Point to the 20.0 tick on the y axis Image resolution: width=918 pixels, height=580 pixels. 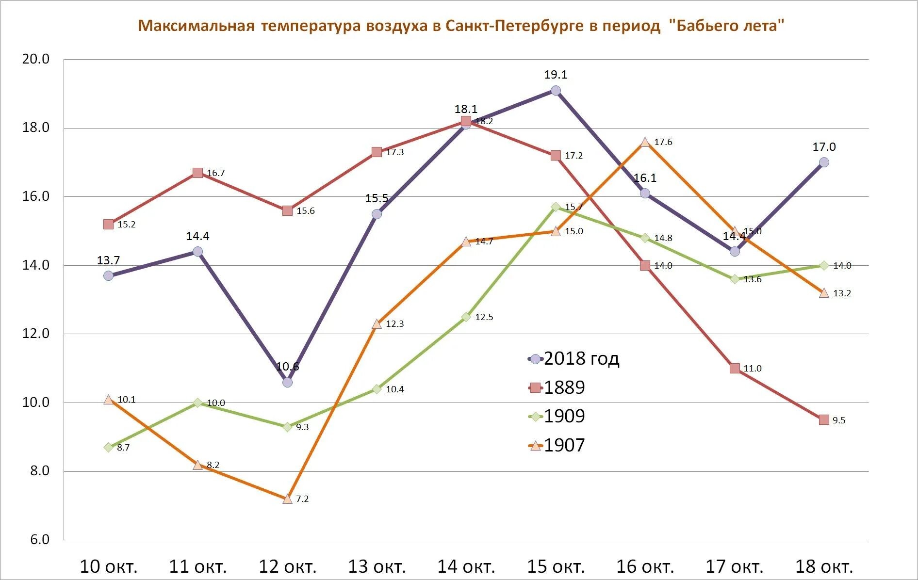pyautogui.click(x=36, y=59)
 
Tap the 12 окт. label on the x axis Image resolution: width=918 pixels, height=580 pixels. pyautogui.click(x=287, y=566)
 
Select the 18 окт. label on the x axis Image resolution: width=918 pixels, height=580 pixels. pyautogui.click(x=824, y=566)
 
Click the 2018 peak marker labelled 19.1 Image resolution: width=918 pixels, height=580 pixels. pyautogui.click(x=556, y=91)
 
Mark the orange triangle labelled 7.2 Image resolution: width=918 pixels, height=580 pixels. pyautogui.click(x=287, y=499)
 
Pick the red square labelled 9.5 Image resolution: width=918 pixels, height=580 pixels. pyautogui.click(x=824, y=420)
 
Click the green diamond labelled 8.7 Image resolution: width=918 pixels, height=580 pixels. pyautogui.click(x=108, y=447)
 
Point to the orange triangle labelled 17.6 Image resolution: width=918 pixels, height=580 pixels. pyautogui.click(x=645, y=142)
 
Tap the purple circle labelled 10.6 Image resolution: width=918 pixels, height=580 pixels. pyautogui.click(x=287, y=382)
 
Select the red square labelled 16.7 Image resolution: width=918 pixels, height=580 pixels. pyautogui.click(x=197, y=173)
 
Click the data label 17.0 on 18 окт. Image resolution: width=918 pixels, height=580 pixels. pyautogui.click(x=824, y=147)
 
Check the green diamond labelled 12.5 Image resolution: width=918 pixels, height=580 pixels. pyautogui.click(x=466, y=317)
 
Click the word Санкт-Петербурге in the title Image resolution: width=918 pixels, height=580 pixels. pyautogui.click(x=514, y=26)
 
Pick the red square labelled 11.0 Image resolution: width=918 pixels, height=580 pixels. pyautogui.click(x=735, y=368)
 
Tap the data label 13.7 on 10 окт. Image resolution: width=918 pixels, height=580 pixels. pyautogui.click(x=108, y=260)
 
